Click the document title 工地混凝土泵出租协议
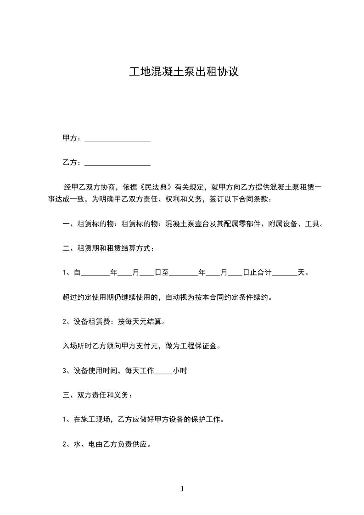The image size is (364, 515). point(183,73)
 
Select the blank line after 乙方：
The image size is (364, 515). point(118,163)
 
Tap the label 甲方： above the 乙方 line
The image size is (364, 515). point(73,139)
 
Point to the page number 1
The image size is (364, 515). point(182,489)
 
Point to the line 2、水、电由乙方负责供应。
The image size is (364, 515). point(107,444)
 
